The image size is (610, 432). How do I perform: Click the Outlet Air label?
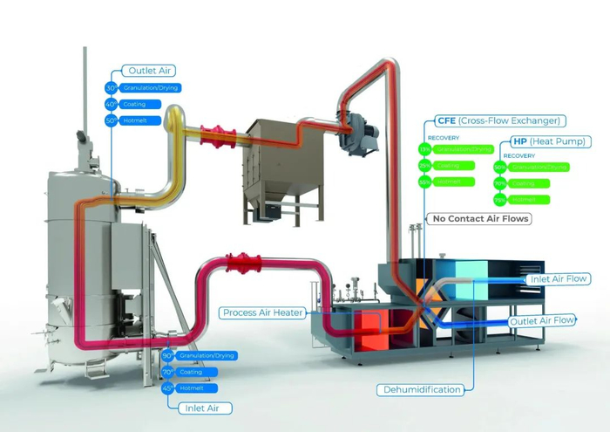pyautogui.click(x=149, y=71)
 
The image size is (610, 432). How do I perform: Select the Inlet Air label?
pyautogui.click(x=197, y=407)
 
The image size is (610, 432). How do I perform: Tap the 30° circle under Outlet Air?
pyautogui.click(x=112, y=88)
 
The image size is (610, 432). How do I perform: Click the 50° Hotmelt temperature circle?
pyautogui.click(x=112, y=120)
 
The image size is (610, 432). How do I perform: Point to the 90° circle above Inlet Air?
pyautogui.click(x=167, y=356)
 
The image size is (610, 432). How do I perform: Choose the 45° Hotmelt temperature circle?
pyautogui.click(x=167, y=388)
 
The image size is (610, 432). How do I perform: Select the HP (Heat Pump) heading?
pyautogui.click(x=547, y=141)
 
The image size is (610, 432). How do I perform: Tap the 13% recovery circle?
pyautogui.click(x=425, y=149)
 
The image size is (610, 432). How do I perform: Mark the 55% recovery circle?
pyautogui.click(x=425, y=182)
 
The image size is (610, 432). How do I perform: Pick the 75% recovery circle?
pyautogui.click(x=500, y=200)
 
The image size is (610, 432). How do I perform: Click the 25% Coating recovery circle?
pyautogui.click(x=425, y=165)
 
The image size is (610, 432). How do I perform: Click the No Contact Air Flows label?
pyautogui.click(x=480, y=218)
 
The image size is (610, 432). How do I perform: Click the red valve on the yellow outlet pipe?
pyautogui.click(x=213, y=134)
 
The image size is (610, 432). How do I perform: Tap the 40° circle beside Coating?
pyautogui.click(x=112, y=105)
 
